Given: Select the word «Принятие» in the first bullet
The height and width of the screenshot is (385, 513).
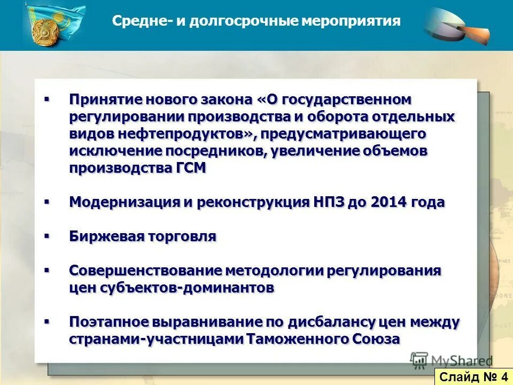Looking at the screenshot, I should [x=103, y=100].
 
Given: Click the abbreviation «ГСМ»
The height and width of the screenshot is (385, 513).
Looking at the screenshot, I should [x=191, y=168].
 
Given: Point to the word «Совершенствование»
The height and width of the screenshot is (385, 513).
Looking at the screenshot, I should [x=145, y=271].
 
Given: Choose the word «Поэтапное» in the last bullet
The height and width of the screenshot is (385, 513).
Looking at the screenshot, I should [x=110, y=322].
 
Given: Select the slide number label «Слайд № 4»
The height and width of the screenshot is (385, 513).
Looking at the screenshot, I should [x=473, y=376].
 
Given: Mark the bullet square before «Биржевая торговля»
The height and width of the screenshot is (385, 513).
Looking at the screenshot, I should [x=46, y=235].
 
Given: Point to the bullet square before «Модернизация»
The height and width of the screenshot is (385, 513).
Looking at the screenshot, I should [x=46, y=201].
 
